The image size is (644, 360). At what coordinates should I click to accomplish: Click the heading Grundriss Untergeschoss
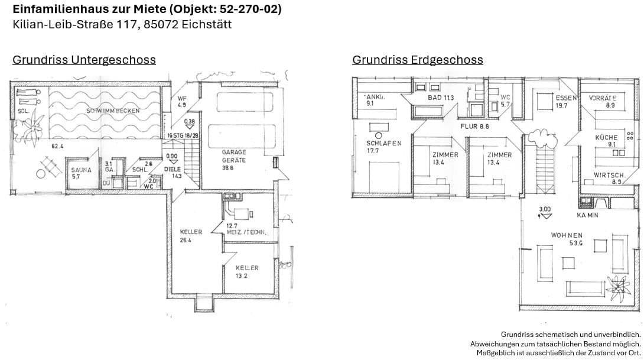pyautogui.click(x=84, y=60)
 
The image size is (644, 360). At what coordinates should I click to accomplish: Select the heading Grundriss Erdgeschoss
pyautogui.click(x=417, y=60)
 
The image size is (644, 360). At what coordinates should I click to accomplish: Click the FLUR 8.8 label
pyautogui.click(x=475, y=126)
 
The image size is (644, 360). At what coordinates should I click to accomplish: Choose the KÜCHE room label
pyautogui.click(x=606, y=137)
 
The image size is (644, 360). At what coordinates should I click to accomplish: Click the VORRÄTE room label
pyautogui.click(x=603, y=98)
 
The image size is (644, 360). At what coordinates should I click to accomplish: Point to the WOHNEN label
pyautogui.click(x=567, y=235)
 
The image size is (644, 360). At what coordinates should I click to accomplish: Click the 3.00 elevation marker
pyautogui.click(x=544, y=209)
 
